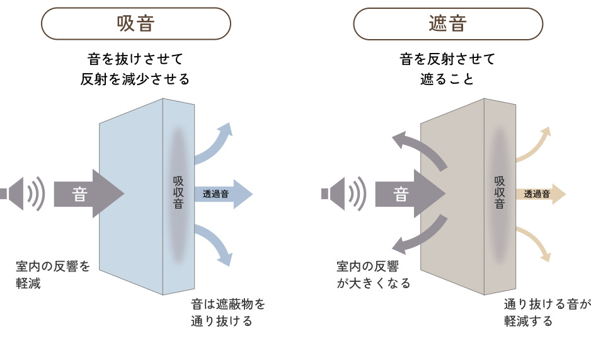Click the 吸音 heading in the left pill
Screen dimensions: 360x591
click(x=135, y=24)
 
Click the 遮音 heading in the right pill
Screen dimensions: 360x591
click(x=448, y=24)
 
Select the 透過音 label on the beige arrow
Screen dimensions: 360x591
click(x=537, y=194)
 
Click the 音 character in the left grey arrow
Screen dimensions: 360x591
click(x=79, y=194)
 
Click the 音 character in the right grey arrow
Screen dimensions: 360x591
click(x=401, y=194)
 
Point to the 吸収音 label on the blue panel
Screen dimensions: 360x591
click(x=178, y=193)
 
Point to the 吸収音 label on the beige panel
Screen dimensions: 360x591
click(x=500, y=193)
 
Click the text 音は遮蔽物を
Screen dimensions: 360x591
click(x=228, y=304)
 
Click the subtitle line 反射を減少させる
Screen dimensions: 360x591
click(x=135, y=79)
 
